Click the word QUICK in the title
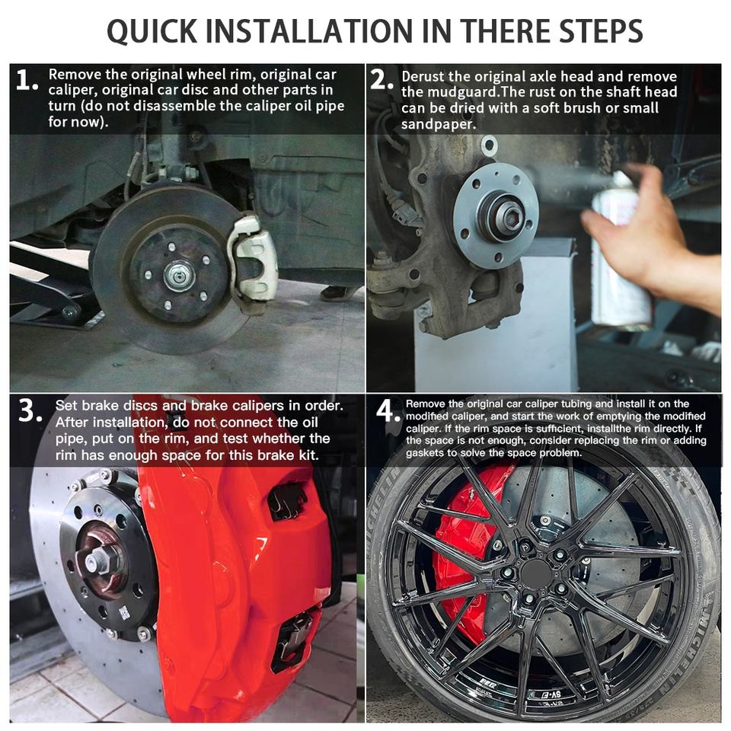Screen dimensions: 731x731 (152, 31)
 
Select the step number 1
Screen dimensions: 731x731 (27, 80)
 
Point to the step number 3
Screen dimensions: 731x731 (30, 410)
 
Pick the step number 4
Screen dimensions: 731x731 (388, 411)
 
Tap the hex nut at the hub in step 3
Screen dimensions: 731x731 (99, 559)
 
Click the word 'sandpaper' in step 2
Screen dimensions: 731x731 (438, 124)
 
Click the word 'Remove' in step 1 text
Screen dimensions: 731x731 (75, 75)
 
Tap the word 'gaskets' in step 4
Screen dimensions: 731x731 (425, 452)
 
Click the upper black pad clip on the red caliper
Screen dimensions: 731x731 (286, 501)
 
